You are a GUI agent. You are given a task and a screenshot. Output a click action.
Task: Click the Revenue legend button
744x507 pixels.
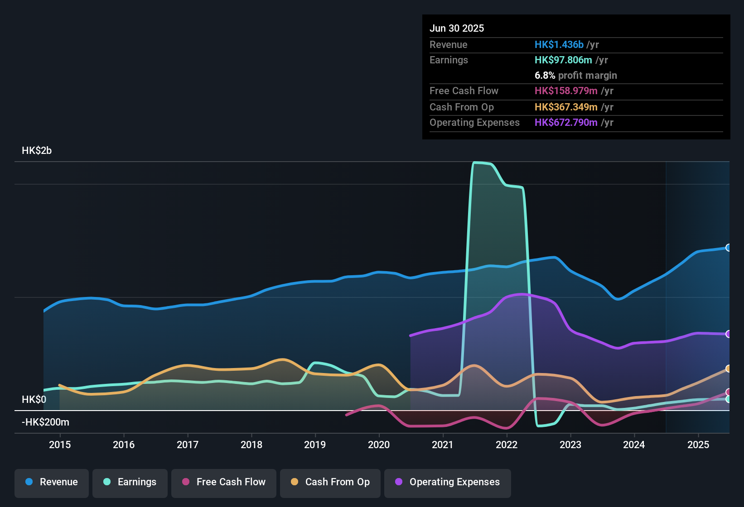[x=52, y=482]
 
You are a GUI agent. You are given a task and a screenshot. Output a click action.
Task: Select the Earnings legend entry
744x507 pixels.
[x=130, y=482]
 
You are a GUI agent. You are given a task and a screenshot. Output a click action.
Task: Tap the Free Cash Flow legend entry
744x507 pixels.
[x=224, y=482]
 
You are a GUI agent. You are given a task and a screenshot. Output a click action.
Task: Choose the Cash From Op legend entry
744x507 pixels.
[x=330, y=482]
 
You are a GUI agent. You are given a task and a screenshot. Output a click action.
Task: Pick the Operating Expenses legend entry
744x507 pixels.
[x=448, y=482]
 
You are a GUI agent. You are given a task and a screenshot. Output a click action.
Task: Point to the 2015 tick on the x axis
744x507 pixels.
[x=60, y=445]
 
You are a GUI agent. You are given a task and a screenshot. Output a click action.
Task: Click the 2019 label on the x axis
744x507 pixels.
[x=315, y=445]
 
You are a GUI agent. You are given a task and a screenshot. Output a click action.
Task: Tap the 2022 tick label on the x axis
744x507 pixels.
[x=507, y=445]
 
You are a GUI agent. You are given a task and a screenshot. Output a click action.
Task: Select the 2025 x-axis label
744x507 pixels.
[x=698, y=445]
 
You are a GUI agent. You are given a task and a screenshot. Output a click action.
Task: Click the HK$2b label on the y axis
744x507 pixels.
[x=37, y=151]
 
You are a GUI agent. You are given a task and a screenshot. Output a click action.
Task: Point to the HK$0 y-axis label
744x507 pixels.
[x=34, y=399]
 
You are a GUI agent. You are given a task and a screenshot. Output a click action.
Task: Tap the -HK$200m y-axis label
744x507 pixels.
[x=45, y=422]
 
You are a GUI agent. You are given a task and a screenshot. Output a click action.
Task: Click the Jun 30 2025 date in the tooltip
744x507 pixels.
[x=457, y=29]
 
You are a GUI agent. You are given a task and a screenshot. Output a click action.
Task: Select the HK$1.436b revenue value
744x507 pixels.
[x=559, y=45]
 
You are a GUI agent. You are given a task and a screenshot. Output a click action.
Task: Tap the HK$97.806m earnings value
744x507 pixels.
[x=563, y=60]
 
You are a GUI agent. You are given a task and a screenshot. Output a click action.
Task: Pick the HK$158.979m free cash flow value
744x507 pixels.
[x=566, y=91]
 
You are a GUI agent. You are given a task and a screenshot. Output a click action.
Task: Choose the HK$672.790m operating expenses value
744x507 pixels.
[x=566, y=123]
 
